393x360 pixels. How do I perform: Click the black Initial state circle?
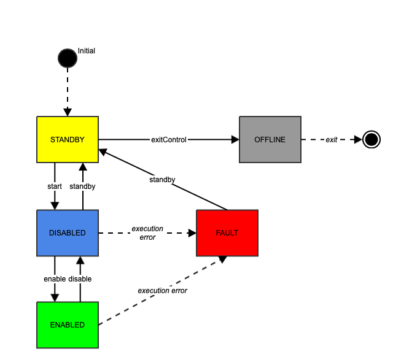[67, 58]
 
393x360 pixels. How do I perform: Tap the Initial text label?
[87, 50]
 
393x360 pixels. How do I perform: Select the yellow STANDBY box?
[67, 140]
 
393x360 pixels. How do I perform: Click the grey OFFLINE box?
[270, 140]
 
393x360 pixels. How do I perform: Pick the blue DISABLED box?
[67, 233]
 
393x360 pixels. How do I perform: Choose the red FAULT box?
[227, 233]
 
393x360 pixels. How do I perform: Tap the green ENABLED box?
[67, 325]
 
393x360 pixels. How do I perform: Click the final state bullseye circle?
[371, 140]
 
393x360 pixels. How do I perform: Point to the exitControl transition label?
[169, 140]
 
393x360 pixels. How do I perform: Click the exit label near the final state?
[332, 140]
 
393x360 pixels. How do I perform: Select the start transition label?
[55, 186]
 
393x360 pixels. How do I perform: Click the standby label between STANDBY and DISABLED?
[82, 186]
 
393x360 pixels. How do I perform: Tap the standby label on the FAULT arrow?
[162, 180]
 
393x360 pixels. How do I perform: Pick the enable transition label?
[55, 279]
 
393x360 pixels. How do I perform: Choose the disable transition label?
[80, 279]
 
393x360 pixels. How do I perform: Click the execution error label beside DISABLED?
[147, 233]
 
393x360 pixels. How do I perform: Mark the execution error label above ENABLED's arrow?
[162, 291]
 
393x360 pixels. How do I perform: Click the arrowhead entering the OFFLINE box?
[235, 140]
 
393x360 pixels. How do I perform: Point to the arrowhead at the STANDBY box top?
[68, 112]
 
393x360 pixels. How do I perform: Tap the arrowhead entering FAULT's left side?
[192, 233]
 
